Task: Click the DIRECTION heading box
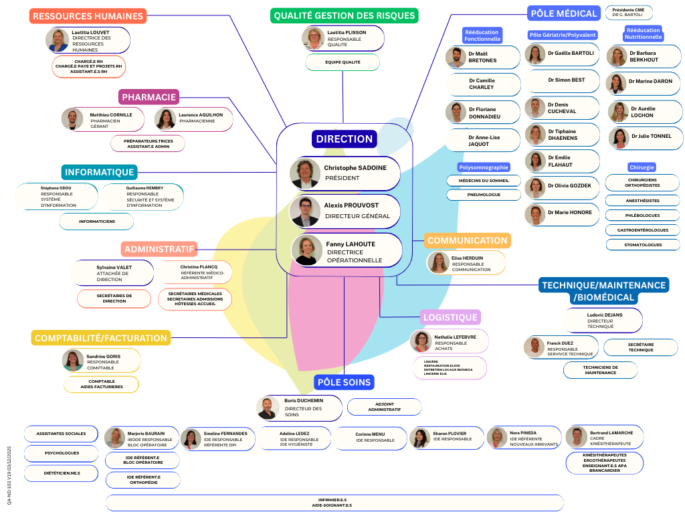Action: click(345, 139)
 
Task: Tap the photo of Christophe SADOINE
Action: click(305, 173)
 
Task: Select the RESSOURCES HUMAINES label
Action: click(88, 16)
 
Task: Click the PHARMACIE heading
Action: click(149, 97)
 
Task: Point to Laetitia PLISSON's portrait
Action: click(313, 38)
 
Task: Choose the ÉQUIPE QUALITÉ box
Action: click(342, 62)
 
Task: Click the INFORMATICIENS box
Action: click(96, 221)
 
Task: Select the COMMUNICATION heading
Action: click(467, 240)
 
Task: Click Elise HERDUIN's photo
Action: click(438, 262)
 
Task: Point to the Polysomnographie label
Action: click(484, 167)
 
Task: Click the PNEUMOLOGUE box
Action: click(484, 195)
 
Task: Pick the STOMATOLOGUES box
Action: click(642, 245)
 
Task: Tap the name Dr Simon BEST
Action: click(566, 80)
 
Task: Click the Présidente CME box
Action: click(628, 13)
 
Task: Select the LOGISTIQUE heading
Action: click(450, 317)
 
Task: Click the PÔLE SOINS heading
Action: click(344, 382)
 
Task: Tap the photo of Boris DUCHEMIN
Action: click(268, 408)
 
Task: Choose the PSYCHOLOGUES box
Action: click(62, 453)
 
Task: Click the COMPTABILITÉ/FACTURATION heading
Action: click(101, 338)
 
